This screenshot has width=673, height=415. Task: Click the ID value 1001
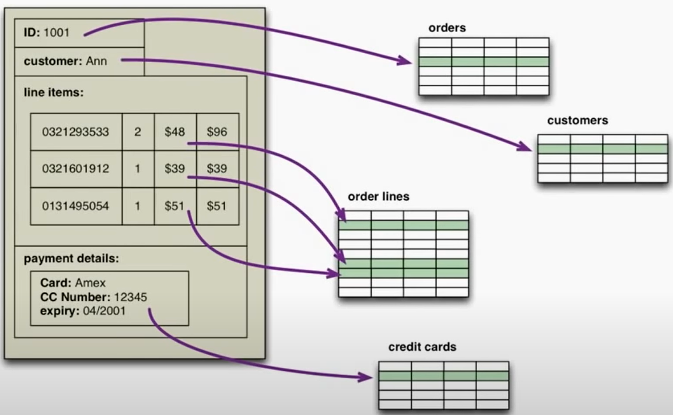pyautogui.click(x=57, y=33)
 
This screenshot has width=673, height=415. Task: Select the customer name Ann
pyautogui.click(x=96, y=61)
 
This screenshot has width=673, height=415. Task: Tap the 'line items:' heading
pyautogui.click(x=54, y=92)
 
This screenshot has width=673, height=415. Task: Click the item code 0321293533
pyautogui.click(x=75, y=132)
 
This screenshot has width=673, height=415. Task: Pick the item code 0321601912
pyautogui.click(x=75, y=169)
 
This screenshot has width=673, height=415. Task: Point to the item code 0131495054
pyautogui.click(x=75, y=206)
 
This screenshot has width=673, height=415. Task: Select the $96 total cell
pyautogui.click(x=217, y=132)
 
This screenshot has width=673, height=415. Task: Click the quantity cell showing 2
pyautogui.click(x=138, y=132)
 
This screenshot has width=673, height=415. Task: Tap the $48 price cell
pyautogui.click(x=174, y=132)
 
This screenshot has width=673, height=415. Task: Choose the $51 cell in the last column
pyautogui.click(x=217, y=206)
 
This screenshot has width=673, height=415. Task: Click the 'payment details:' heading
pyautogui.click(x=71, y=259)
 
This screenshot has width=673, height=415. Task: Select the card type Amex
pyautogui.click(x=91, y=283)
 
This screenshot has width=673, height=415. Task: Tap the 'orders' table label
pyautogui.click(x=447, y=28)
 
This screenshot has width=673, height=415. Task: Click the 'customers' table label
pyautogui.click(x=577, y=121)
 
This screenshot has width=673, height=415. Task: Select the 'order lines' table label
pyautogui.click(x=378, y=196)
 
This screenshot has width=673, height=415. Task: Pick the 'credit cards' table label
pyautogui.click(x=422, y=347)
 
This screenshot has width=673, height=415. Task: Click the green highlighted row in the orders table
pyautogui.click(x=483, y=62)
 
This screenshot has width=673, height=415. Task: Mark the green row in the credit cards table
pyautogui.click(x=443, y=376)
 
